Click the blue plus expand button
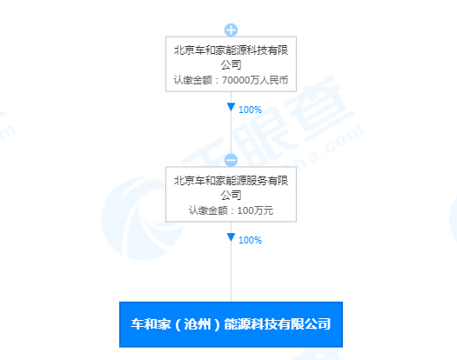232,30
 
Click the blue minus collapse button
232,160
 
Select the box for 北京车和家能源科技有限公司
232,64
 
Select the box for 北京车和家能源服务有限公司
232,194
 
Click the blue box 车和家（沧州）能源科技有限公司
232,324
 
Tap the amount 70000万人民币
255,80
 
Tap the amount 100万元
255,210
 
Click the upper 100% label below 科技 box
250,110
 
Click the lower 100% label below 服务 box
250,240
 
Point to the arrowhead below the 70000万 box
232,107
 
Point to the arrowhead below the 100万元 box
232,237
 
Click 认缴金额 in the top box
193,80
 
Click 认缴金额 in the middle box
208,210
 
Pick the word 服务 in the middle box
257,181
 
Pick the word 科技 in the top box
257,50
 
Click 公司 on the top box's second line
232,64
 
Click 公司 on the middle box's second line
232,195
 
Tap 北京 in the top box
185,50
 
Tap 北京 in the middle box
185,181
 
